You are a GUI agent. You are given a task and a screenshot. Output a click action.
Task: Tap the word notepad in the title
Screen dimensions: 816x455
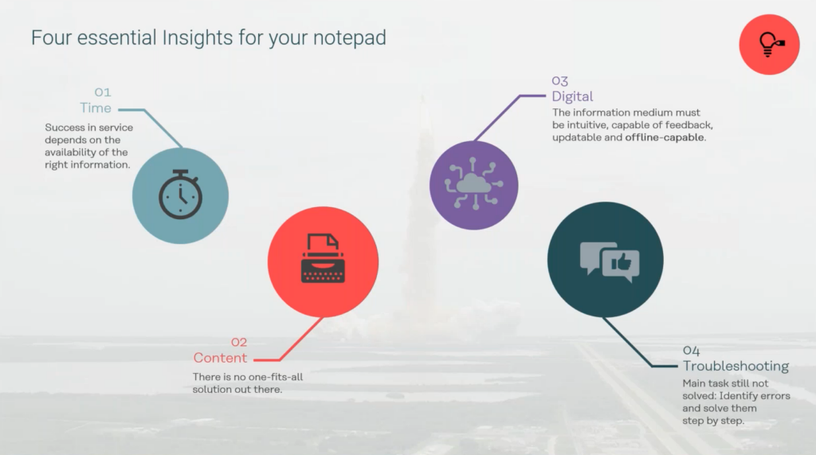tap(350, 38)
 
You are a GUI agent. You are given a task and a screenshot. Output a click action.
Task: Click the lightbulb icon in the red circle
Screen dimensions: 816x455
tap(771, 45)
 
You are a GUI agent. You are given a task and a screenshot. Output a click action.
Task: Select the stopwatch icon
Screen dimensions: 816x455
tap(180, 194)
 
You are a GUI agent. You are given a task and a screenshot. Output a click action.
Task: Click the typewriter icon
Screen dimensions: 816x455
tap(323, 259)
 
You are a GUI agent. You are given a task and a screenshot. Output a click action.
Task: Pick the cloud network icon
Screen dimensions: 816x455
tap(473, 184)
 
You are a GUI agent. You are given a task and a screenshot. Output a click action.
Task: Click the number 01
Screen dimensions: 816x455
tap(103, 92)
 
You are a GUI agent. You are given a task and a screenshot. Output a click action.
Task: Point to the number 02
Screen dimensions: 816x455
tap(239, 342)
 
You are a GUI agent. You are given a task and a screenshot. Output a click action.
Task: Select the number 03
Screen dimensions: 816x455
tap(560, 80)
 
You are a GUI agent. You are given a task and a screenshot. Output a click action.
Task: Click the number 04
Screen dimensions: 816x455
tap(691, 351)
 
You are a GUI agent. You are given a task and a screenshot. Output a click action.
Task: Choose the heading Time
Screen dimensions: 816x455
tap(96, 108)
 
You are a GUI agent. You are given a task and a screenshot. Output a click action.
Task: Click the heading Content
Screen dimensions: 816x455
tap(220, 358)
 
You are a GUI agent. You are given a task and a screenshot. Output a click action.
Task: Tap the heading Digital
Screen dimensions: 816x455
tap(572, 96)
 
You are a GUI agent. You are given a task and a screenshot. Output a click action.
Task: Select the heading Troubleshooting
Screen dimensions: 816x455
tap(736, 366)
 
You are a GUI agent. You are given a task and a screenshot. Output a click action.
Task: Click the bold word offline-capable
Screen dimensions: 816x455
tap(665, 137)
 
